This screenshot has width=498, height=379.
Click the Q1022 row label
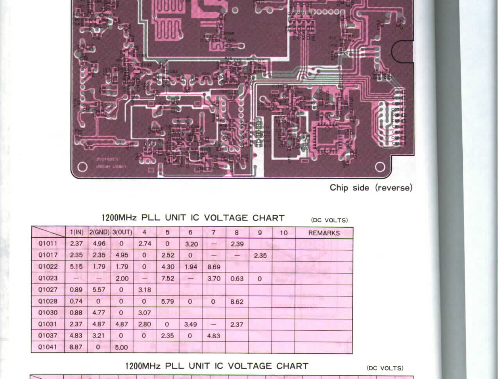point(48,266)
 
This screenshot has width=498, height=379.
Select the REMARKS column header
point(324,233)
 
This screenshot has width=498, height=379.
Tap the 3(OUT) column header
point(122,232)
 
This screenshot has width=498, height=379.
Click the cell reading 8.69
point(214,267)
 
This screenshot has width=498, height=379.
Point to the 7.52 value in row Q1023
point(167,278)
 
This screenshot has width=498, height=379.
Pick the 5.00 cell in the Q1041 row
point(121,347)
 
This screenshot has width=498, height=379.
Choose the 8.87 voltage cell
point(76,347)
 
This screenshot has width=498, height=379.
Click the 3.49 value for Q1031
point(190,324)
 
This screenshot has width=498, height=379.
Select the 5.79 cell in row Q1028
point(167,301)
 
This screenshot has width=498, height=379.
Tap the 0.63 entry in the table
point(237,279)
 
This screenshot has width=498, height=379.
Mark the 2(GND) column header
point(99,232)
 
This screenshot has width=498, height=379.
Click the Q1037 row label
point(48,336)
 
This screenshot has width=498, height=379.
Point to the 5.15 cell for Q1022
point(76,266)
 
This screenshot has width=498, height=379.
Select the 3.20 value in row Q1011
point(191,244)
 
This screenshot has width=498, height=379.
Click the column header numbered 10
point(284,233)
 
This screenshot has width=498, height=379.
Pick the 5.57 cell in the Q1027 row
point(99,290)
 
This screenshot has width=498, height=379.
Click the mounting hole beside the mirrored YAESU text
point(82,167)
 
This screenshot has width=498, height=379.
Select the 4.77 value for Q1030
point(99,313)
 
